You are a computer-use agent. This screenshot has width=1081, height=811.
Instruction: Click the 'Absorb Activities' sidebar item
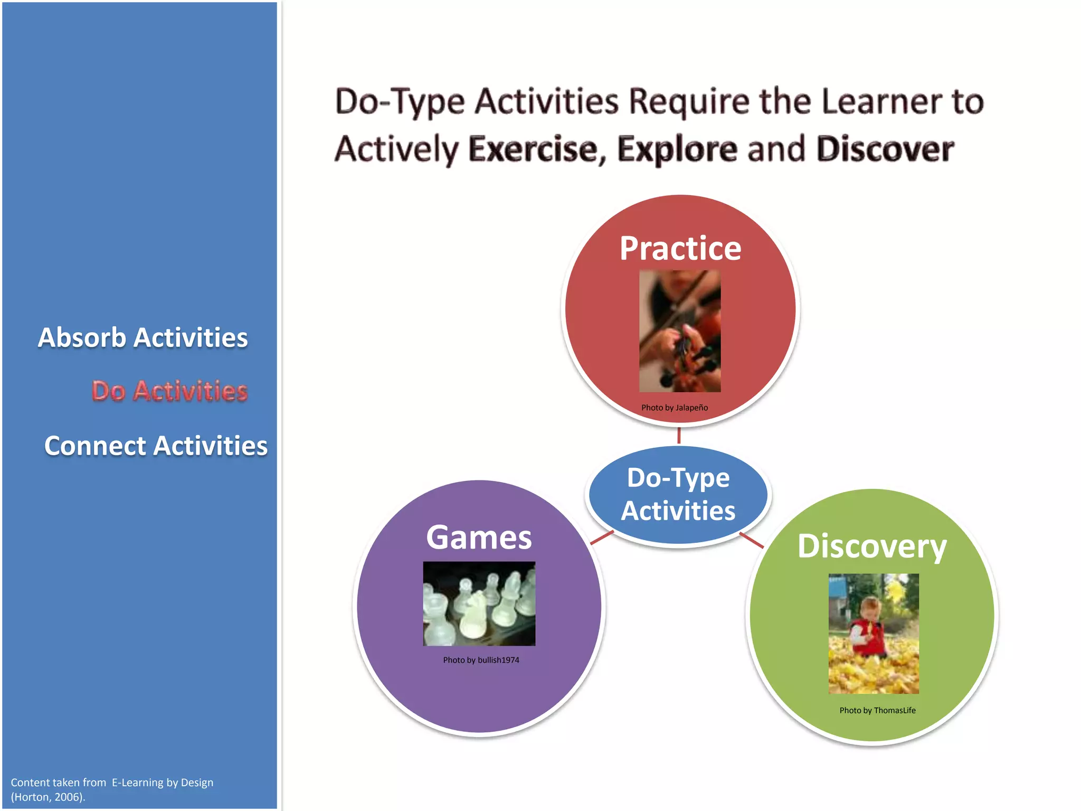(x=143, y=337)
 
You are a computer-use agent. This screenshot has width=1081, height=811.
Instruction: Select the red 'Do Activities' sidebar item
(x=169, y=391)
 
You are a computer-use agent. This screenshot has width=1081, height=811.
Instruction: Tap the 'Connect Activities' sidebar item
(x=156, y=446)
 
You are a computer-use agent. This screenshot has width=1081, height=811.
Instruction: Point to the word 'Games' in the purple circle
(x=479, y=537)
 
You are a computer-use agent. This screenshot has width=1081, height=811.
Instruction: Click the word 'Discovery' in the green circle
(x=872, y=546)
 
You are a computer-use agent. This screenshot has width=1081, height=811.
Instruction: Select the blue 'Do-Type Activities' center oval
(x=678, y=494)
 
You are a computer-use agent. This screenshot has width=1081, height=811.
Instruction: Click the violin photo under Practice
(x=680, y=331)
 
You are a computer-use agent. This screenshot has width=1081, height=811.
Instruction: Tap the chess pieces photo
(x=479, y=603)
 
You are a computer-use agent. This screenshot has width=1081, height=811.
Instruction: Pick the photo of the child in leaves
(x=874, y=634)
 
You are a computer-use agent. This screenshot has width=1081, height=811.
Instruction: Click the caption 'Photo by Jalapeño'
(x=675, y=408)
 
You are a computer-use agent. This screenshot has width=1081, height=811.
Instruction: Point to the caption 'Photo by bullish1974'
(x=481, y=660)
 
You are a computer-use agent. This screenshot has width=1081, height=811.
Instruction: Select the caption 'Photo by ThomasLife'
(x=877, y=711)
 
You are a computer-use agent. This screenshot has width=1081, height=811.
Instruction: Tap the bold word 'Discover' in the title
(x=885, y=149)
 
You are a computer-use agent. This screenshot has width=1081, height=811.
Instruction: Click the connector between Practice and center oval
(x=679, y=436)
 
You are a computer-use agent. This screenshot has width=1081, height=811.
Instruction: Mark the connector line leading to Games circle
(x=602, y=537)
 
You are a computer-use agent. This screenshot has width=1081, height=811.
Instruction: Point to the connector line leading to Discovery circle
(x=752, y=540)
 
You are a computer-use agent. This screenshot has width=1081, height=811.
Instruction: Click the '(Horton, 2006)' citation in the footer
(x=48, y=797)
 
